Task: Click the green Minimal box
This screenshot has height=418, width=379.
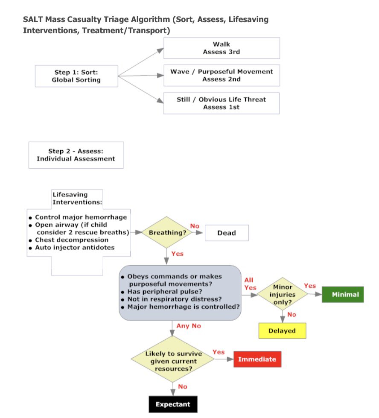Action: (x=342, y=294)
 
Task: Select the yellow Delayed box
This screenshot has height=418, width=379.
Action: (x=282, y=331)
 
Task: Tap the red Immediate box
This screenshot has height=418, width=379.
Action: (x=257, y=359)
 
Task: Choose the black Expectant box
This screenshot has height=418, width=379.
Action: (x=173, y=404)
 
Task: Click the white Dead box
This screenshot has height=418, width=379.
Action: (x=227, y=233)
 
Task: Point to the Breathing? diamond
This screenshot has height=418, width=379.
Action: (x=167, y=232)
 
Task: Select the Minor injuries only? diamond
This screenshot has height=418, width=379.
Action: (x=283, y=294)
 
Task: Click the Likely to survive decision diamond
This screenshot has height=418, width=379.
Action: (x=173, y=360)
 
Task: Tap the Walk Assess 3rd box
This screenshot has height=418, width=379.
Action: (x=222, y=48)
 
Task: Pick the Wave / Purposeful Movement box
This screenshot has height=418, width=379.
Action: (x=222, y=75)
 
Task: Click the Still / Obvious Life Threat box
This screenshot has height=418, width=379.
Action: (x=222, y=103)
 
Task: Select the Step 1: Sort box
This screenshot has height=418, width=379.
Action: (x=76, y=76)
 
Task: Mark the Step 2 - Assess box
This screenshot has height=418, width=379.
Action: (x=76, y=155)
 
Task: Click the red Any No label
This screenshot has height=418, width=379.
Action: (x=189, y=326)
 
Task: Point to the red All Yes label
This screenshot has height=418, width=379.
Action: (x=250, y=284)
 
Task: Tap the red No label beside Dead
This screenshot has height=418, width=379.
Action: (x=195, y=226)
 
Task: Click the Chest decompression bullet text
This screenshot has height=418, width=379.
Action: (x=72, y=240)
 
